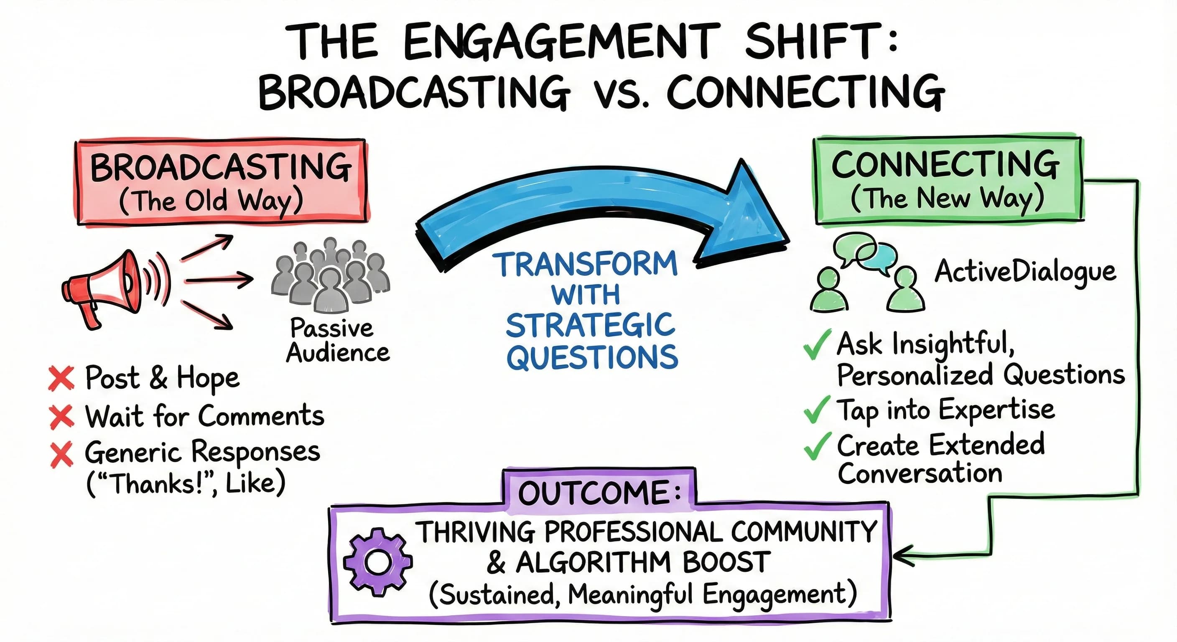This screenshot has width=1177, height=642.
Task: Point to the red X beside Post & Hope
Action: pyautogui.click(x=61, y=378)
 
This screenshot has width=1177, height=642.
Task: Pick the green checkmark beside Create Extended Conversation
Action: pyautogui.click(x=816, y=446)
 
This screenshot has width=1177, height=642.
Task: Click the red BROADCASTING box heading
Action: pyautogui.click(x=221, y=167)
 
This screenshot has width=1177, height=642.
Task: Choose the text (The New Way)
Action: pyautogui.click(x=947, y=199)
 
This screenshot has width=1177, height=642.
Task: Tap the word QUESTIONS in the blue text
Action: pyautogui.click(x=592, y=357)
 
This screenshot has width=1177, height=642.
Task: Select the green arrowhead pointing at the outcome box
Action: pyautogui.click(x=900, y=556)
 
